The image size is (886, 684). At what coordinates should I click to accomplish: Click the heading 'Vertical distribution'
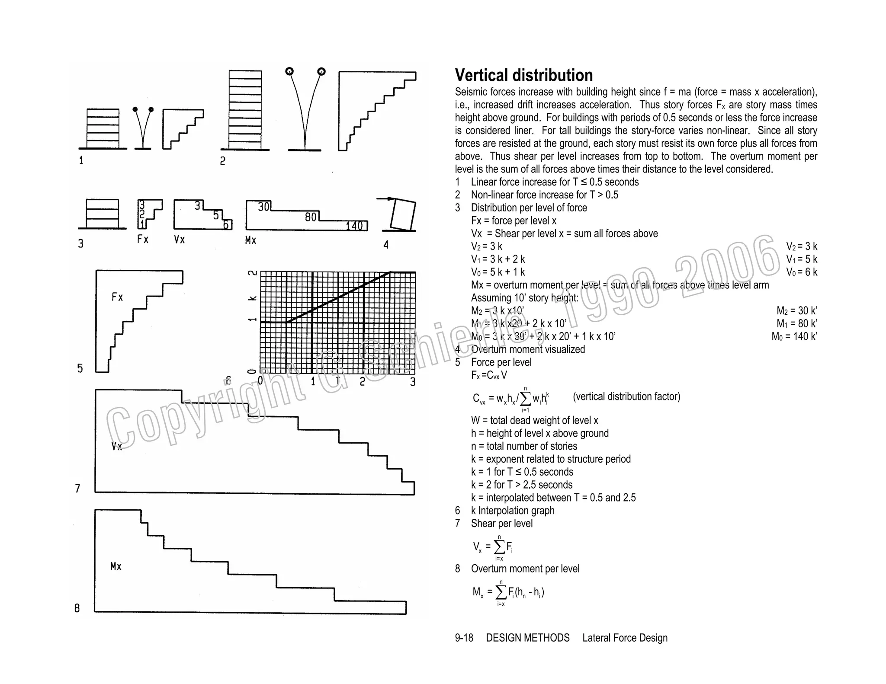pyautogui.click(x=523, y=75)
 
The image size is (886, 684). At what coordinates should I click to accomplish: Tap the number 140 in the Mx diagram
pyautogui.click(x=354, y=226)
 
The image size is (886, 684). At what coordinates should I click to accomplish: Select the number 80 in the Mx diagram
pyautogui.click(x=311, y=217)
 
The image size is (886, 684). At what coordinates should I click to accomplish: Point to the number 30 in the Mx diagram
pyautogui.click(x=263, y=207)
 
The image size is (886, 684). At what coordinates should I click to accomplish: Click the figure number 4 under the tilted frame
pyautogui.click(x=386, y=245)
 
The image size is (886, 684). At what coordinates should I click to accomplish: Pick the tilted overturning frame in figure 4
pyautogui.click(x=402, y=215)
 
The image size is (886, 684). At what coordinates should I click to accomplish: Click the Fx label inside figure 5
pyautogui.click(x=117, y=297)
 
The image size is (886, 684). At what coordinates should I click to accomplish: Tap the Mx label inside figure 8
pyautogui.click(x=116, y=566)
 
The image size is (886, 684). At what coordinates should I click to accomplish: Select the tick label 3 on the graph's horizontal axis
pyautogui.click(x=413, y=382)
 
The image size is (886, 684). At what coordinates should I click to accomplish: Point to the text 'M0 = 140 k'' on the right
pyautogui.click(x=794, y=336)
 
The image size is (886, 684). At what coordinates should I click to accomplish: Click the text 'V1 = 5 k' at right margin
pyautogui.click(x=802, y=259)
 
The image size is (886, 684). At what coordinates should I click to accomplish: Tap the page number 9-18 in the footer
pyautogui.click(x=464, y=638)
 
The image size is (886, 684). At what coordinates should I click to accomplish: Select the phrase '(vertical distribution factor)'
pyautogui.click(x=626, y=396)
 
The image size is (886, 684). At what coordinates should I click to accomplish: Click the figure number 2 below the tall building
pyautogui.click(x=222, y=161)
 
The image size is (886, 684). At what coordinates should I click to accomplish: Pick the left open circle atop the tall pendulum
pyautogui.click(x=289, y=71)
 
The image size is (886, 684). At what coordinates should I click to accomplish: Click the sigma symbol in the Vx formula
pyautogui.click(x=499, y=547)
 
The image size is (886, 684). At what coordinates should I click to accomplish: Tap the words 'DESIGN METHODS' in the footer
pyautogui.click(x=528, y=638)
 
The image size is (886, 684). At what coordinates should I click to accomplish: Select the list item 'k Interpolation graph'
pyautogui.click(x=513, y=511)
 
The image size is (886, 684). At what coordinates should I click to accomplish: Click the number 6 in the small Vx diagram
pyautogui.click(x=226, y=225)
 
